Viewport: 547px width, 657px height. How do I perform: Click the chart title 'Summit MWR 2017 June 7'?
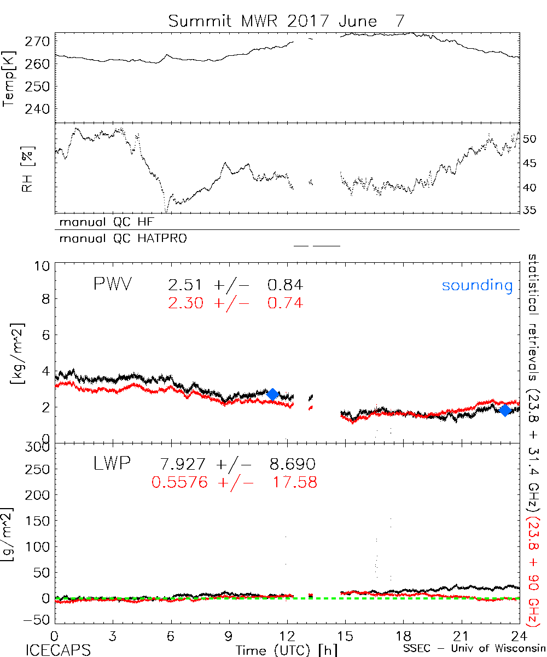(x=287, y=21)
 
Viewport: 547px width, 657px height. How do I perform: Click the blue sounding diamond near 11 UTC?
(x=272, y=394)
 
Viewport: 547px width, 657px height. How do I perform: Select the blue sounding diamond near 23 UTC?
(x=505, y=410)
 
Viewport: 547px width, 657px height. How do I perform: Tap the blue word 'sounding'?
(x=478, y=285)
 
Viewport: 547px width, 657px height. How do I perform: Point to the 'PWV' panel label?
(x=113, y=285)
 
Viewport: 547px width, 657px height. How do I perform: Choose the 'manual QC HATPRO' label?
(x=119, y=239)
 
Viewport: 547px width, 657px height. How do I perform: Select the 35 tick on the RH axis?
(x=529, y=210)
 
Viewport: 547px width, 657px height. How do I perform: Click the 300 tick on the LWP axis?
(x=39, y=448)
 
